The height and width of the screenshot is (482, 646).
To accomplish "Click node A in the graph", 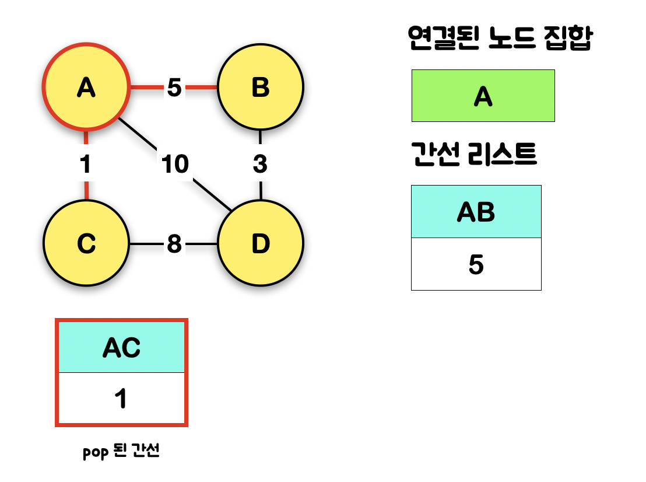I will click(x=86, y=88).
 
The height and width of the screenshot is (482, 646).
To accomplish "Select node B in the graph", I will click(x=260, y=88).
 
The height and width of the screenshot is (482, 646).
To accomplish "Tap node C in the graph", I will click(x=86, y=243).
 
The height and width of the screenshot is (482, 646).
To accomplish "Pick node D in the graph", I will click(x=260, y=243).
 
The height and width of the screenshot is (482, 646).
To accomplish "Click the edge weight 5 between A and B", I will click(x=174, y=88).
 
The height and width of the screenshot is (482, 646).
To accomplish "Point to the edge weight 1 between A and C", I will click(x=86, y=165).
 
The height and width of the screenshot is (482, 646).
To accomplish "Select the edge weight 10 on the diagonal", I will click(x=175, y=165).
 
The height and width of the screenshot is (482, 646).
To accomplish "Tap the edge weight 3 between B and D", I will click(x=260, y=165).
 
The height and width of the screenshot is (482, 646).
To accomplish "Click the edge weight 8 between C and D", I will click(x=174, y=244).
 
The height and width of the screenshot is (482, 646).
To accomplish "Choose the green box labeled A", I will click(x=483, y=96).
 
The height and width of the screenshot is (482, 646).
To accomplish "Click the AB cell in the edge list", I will click(x=476, y=212).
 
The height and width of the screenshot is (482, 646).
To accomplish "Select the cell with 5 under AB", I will click(x=476, y=264).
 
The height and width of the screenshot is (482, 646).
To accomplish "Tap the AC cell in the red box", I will click(x=121, y=347).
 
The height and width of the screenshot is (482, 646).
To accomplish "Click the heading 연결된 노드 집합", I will click(x=500, y=39).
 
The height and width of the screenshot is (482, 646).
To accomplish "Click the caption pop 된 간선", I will click(x=121, y=452).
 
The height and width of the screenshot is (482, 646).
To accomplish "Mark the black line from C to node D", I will click(x=146, y=244).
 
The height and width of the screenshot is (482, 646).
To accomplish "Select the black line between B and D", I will click(x=260, y=189).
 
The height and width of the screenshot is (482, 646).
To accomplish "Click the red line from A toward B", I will click(x=146, y=88).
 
